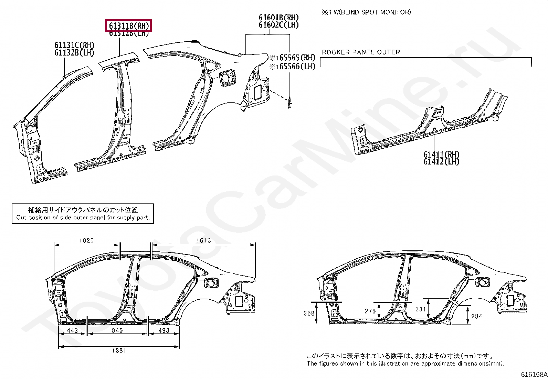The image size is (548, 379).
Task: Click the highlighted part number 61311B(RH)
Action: pos(129,26)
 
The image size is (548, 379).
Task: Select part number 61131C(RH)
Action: pos(74,45)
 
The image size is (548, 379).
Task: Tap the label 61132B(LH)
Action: pos(74,53)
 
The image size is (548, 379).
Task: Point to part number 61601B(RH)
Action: pos(278,18)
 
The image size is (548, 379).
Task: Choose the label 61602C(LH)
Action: pos(278,25)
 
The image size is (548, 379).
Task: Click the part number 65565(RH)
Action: pos(297,58)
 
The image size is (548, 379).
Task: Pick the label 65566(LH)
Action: pos(297,67)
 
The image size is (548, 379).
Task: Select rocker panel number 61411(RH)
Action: pos(441,154)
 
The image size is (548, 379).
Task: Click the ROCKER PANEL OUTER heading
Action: pos(361,52)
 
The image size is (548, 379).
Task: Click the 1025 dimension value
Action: pos(86,240)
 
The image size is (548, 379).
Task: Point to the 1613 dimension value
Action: pos(203,240)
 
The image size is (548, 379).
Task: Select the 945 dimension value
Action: pos(117,330)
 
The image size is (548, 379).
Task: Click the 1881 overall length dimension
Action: pos(119,350)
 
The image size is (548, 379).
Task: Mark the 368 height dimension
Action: pos(309,313)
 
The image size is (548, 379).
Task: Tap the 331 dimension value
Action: pos(421,309)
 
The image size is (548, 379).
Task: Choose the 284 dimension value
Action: pos(476,316)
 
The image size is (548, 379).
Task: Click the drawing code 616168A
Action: pos(534,375)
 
